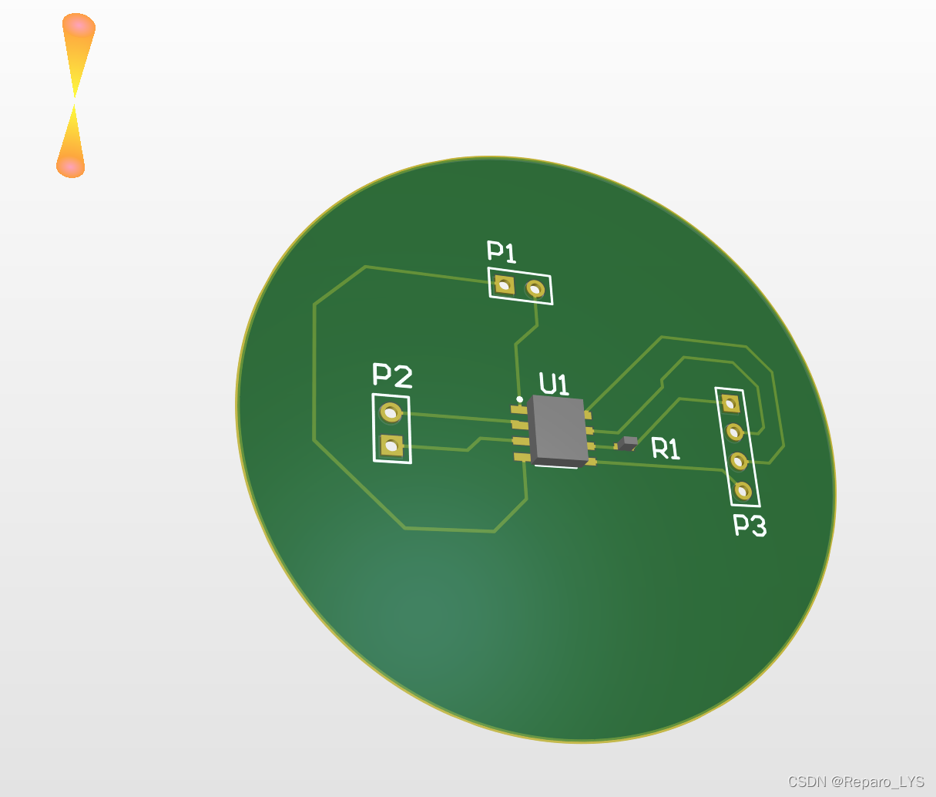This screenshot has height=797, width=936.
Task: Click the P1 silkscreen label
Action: [502, 251]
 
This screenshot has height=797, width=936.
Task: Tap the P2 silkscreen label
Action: [392, 375]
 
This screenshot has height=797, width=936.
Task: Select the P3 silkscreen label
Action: [750, 526]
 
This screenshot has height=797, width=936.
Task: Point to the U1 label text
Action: [554, 384]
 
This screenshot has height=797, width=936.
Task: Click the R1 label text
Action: [666, 449]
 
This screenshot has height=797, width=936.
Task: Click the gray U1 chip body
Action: [558, 430]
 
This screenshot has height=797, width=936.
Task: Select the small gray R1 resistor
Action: [628, 443]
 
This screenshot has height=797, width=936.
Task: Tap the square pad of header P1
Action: [504, 285]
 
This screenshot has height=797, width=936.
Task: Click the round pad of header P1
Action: [535, 288]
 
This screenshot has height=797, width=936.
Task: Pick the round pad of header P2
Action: [391, 413]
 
